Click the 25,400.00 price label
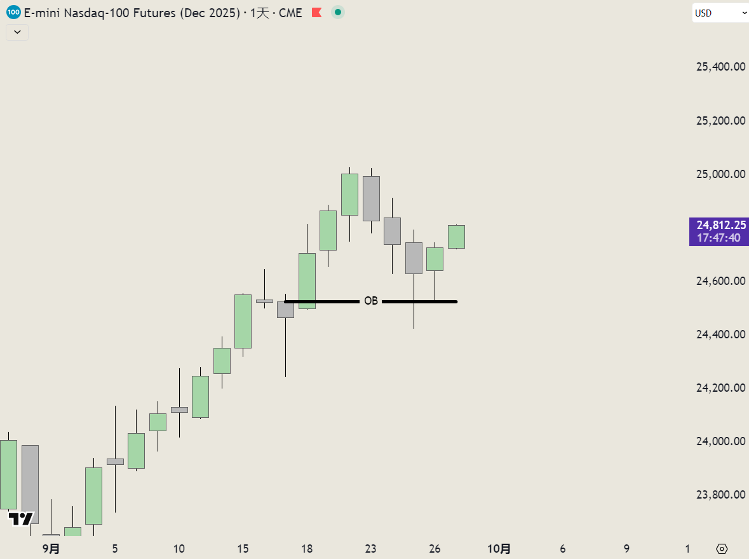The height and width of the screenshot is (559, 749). click(720, 67)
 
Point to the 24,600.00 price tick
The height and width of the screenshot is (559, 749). click(720, 281)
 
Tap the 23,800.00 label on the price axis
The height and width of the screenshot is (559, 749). click(720, 495)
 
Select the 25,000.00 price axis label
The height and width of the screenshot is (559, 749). click(720, 174)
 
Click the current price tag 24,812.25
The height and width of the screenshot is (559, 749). click(719, 225)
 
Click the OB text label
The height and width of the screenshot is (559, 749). click(371, 301)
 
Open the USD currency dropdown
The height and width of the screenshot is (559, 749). click(720, 13)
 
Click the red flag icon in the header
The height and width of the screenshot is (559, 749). click(317, 13)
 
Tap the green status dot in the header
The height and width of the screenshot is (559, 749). click(338, 12)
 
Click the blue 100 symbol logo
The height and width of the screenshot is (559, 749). click(13, 12)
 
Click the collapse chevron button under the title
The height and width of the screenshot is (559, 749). click(17, 32)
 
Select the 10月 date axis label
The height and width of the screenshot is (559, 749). click(499, 548)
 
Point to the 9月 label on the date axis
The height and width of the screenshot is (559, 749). click(51, 548)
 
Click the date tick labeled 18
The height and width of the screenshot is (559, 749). click(307, 548)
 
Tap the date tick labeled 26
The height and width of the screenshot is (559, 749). click(435, 548)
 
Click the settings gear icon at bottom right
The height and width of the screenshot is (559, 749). click(722, 548)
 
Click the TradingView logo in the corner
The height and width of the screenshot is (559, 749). click(21, 518)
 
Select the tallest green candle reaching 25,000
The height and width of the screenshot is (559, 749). click(349, 194)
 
